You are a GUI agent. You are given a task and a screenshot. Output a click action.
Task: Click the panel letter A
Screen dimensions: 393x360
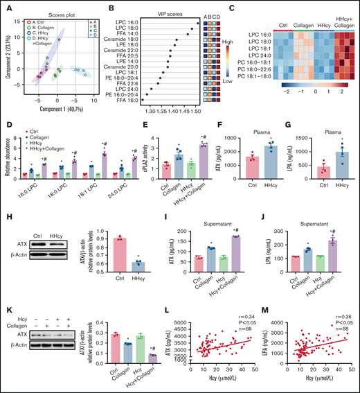coord(6,6)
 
